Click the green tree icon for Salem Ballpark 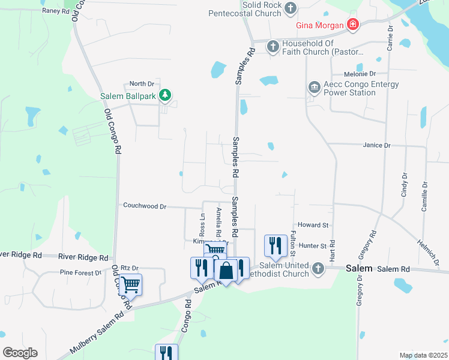(x=166, y=95)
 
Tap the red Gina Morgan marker (x=354, y=25)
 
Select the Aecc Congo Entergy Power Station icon (x=314, y=88)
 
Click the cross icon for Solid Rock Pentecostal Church (x=291, y=8)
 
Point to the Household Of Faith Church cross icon (x=272, y=46)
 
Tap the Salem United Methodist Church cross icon (x=318, y=269)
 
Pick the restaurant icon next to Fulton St (x=274, y=245)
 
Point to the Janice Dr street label (x=377, y=145)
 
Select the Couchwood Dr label (x=144, y=206)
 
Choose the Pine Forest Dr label (x=80, y=272)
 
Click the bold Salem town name (x=359, y=269)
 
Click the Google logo (x=20, y=352)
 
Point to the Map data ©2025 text (x=423, y=355)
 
